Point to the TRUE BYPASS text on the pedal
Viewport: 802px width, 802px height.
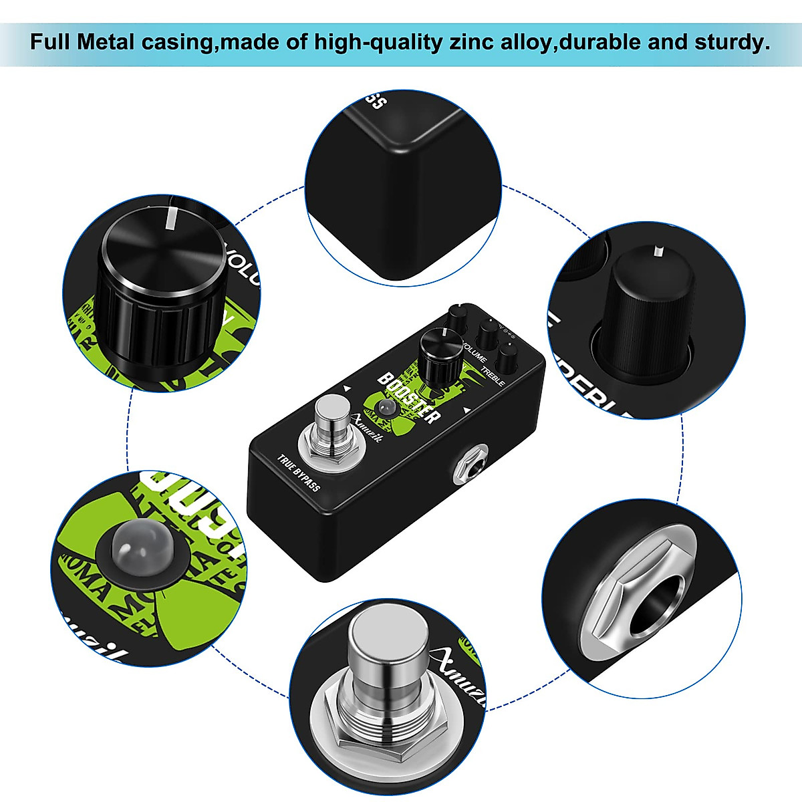click(299, 473)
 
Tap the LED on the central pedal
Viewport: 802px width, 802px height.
click(384, 408)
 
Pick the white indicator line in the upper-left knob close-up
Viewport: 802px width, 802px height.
click(171, 219)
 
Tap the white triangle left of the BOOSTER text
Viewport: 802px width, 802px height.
click(347, 387)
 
